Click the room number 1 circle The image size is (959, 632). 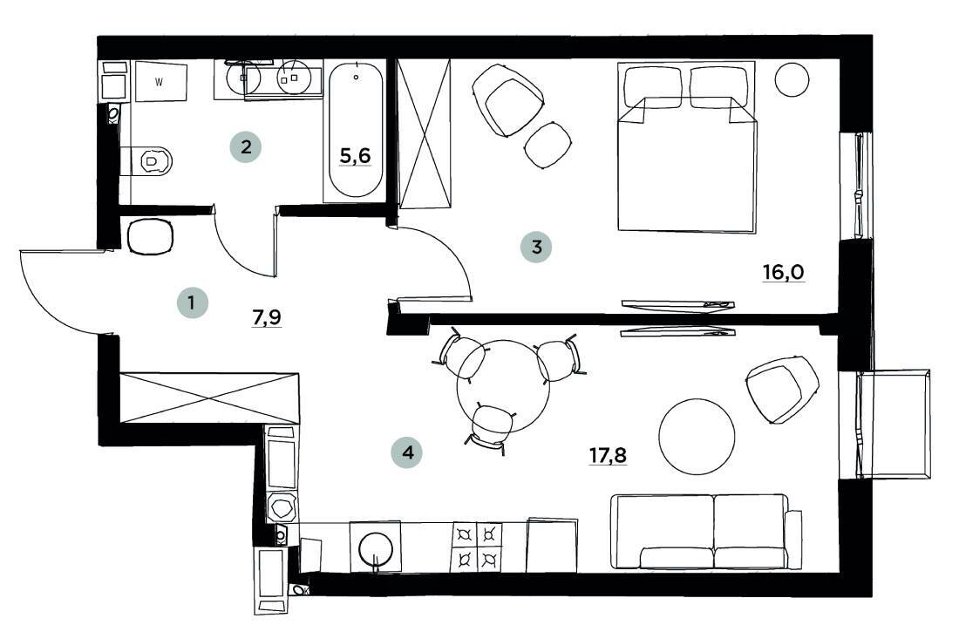(192, 304)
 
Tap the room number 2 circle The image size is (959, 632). (246, 146)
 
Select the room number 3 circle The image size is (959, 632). (536, 247)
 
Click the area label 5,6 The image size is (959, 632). (355, 156)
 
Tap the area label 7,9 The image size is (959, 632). (268, 317)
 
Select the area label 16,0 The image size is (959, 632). (782, 272)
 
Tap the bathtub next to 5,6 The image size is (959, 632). (355, 131)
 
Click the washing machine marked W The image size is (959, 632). (160, 83)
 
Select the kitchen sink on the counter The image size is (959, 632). (376, 547)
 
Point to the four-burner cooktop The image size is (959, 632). (478, 546)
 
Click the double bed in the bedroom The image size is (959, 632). (686, 148)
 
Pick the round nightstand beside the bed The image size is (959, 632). (793, 80)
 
